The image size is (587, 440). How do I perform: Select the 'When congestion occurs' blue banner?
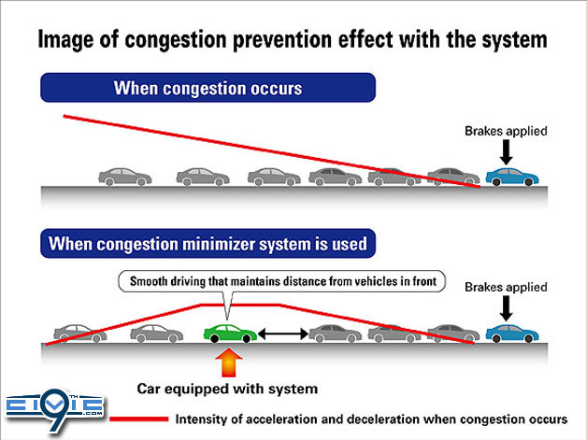[207, 89]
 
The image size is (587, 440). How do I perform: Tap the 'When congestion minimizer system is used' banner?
[207, 245]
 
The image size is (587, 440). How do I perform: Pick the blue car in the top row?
[511, 176]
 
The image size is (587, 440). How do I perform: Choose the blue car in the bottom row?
[511, 332]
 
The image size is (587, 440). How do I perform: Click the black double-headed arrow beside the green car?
[282, 332]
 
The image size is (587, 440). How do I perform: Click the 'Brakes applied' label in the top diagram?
[506, 132]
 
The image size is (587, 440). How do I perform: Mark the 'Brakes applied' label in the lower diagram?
[506, 287]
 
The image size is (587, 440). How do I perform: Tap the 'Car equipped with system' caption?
[228, 388]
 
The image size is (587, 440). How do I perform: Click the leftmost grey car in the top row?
[125, 176]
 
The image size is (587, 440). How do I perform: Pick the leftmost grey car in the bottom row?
[79, 332]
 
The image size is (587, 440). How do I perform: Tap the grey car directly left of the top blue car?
[452, 176]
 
